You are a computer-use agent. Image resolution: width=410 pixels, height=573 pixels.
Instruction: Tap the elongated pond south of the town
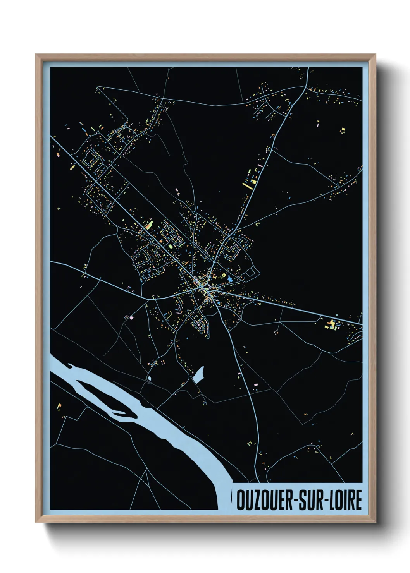(198, 375)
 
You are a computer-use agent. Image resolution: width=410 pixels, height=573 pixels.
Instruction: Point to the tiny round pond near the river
(149, 378)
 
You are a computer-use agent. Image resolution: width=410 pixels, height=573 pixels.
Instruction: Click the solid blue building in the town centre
(231, 278)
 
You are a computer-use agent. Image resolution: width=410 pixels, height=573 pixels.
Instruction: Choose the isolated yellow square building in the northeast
(343, 130)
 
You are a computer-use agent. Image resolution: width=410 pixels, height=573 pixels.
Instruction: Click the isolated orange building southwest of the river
(59, 406)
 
